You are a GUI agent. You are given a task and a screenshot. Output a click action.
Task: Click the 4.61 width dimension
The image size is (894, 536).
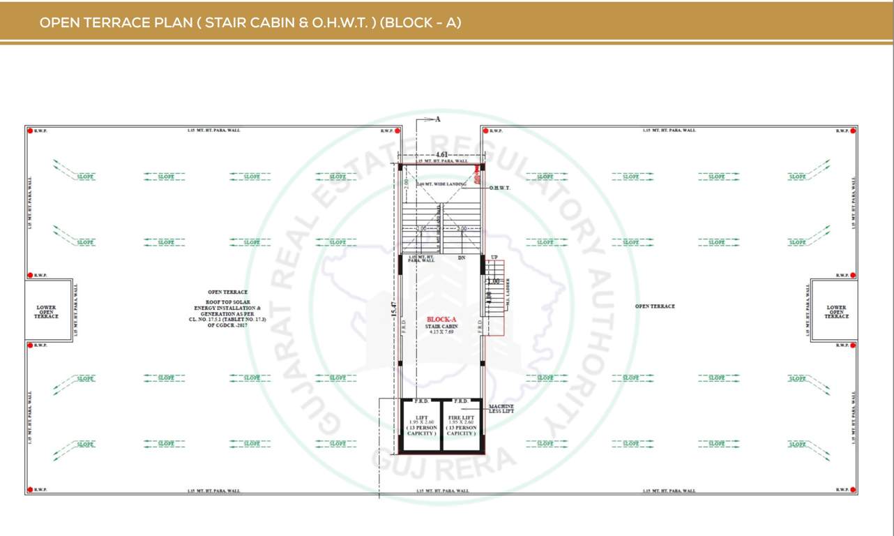(441, 154)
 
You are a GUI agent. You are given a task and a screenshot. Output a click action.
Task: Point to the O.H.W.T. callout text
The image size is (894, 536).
(500, 188)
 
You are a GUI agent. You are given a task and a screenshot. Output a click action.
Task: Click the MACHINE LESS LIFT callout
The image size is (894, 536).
(501, 408)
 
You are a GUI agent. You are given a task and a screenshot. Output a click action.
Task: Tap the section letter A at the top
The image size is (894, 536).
(438, 119)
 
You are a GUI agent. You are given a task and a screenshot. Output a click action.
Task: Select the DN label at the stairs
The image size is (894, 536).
(461, 258)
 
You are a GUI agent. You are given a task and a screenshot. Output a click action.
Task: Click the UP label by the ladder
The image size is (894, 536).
(494, 258)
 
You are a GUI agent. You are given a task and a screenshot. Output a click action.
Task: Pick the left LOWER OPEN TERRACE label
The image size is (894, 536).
(46, 311)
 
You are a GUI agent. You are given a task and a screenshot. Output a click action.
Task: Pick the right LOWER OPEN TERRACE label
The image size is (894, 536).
(836, 311)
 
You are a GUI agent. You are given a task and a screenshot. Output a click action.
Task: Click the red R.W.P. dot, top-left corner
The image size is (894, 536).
(30, 131)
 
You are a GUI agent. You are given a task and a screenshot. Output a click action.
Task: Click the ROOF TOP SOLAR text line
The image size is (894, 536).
(227, 301)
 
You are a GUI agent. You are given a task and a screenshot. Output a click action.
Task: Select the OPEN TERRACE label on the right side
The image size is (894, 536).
(654, 306)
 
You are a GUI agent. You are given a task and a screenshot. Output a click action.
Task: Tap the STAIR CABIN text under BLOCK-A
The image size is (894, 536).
(440, 326)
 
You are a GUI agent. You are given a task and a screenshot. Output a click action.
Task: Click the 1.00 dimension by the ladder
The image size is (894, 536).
(493, 281)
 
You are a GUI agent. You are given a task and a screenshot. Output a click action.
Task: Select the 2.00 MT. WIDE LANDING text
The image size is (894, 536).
(441, 184)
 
